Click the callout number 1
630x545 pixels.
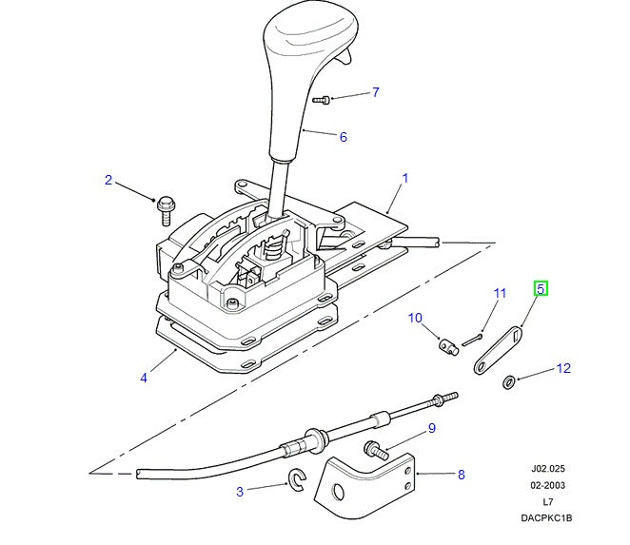tap(404, 178)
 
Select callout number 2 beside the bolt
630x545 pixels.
tap(108, 180)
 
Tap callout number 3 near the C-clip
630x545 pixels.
tap(240, 491)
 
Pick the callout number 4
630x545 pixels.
tap(144, 378)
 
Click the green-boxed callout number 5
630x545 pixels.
tap(541, 288)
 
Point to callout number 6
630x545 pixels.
tap(343, 137)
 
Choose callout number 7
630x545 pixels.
tap(375, 92)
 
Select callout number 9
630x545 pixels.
tap(431, 428)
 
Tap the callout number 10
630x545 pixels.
tap(415, 318)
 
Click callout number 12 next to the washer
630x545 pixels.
tap(563, 368)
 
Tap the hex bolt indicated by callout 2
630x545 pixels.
tap(167, 203)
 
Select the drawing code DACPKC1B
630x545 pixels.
tap(547, 518)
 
